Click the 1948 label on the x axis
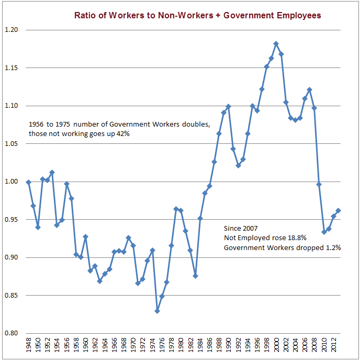(28, 348)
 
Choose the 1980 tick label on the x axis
(181, 348)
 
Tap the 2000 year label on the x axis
(276, 348)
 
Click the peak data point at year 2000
(276, 44)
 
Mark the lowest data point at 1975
(157, 311)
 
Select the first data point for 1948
(28, 182)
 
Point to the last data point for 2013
(338, 210)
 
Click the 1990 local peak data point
(228, 107)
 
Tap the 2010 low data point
(324, 232)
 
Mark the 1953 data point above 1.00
(52, 172)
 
